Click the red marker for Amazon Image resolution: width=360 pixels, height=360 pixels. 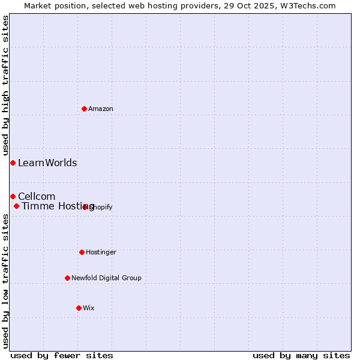pos(85,109)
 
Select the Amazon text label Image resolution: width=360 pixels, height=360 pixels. pos(101,109)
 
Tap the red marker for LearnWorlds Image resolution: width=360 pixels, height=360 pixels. pos(13,163)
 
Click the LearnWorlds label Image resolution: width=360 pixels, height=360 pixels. pos(47,163)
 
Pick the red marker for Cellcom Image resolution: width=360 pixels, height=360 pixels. pos(13,196)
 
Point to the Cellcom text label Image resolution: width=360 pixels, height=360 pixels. pos(37,197)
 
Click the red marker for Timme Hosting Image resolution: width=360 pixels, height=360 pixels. pos(17,206)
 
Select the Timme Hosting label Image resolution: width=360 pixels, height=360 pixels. pos(58,206)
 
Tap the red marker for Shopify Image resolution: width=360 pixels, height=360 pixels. pos(85,207)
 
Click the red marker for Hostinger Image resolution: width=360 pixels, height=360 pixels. pos(82,252)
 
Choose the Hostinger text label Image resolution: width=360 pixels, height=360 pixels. pos(101,253)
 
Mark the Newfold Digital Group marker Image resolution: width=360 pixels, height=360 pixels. pos(67,278)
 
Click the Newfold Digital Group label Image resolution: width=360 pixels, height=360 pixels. pos(106,278)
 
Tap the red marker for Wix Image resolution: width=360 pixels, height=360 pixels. pos(79,308)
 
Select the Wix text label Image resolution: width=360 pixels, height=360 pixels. pos(89,308)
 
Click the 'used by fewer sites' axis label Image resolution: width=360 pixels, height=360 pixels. pos(62,355)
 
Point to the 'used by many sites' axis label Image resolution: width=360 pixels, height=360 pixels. pos(301,355)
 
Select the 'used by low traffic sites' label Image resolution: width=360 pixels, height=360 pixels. pos(5,281)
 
